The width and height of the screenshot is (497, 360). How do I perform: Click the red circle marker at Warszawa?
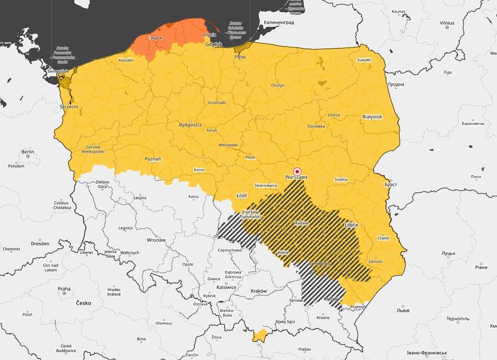(x=297, y=171)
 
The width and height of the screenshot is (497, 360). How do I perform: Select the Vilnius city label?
(x=447, y=23)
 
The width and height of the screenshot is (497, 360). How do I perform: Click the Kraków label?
(x=259, y=291)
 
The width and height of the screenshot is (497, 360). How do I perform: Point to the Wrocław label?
(x=157, y=240)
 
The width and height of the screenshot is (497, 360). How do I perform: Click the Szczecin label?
(x=69, y=107)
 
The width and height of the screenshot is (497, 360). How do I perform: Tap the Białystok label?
(x=372, y=116)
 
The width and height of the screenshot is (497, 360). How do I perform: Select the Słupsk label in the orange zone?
(x=156, y=38)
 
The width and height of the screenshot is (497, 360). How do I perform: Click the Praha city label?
(x=64, y=289)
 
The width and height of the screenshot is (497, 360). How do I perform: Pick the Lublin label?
(x=351, y=225)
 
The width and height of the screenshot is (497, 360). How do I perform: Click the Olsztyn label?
(x=278, y=85)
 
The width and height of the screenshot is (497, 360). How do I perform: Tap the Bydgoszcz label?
(x=190, y=125)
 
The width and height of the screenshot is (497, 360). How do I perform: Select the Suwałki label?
(x=364, y=60)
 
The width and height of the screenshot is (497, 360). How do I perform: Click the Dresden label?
(x=40, y=244)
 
